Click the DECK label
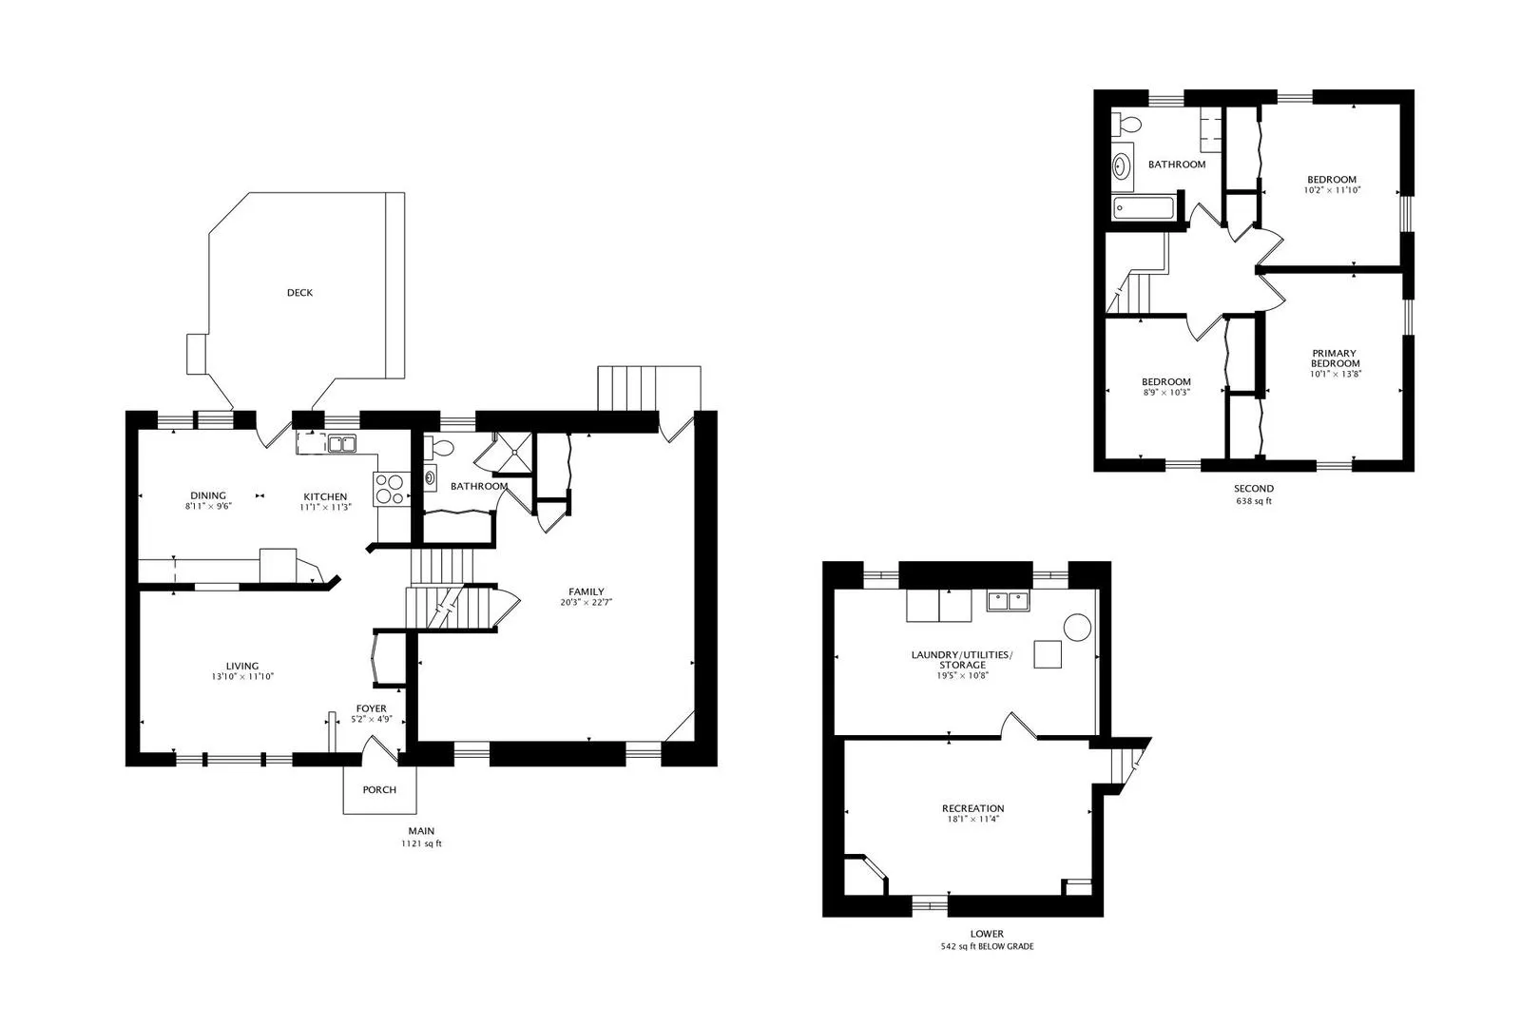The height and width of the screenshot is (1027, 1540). (x=299, y=293)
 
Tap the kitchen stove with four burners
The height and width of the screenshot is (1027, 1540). (x=389, y=488)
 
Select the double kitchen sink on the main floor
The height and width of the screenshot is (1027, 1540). (x=341, y=443)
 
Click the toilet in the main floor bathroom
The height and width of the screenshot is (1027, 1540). (x=440, y=447)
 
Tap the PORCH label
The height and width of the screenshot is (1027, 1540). (x=379, y=790)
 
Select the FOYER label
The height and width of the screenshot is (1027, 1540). (x=371, y=708)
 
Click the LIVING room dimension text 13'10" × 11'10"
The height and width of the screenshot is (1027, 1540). (x=242, y=677)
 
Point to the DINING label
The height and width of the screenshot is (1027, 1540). (x=208, y=495)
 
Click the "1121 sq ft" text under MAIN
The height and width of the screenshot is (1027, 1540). (x=420, y=843)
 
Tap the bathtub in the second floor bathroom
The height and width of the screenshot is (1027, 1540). (x=1146, y=207)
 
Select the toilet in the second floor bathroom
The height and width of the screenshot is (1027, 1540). (x=1127, y=125)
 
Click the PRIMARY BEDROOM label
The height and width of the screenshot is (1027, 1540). (x=1335, y=358)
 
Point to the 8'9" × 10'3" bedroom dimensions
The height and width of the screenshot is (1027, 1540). (x=1165, y=393)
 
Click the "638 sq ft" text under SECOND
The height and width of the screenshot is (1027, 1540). (x=1253, y=501)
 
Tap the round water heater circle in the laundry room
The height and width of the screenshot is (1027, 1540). (x=1076, y=628)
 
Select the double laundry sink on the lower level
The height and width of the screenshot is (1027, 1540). (x=1009, y=601)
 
